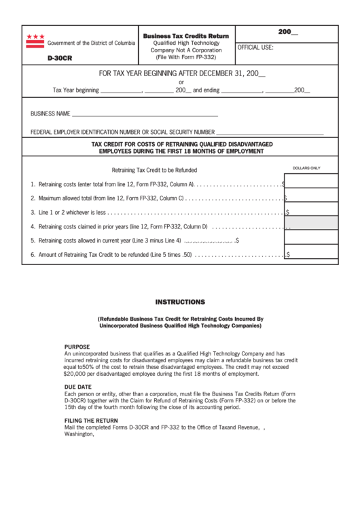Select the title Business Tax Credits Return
(185, 35)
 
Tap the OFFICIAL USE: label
(255, 48)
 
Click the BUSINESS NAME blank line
(144, 114)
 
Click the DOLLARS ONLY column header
(306, 168)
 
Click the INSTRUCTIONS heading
(180, 301)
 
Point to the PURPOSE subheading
(82, 346)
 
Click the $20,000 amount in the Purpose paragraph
(77, 374)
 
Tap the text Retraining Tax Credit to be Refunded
(154, 170)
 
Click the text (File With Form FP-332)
(185, 58)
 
